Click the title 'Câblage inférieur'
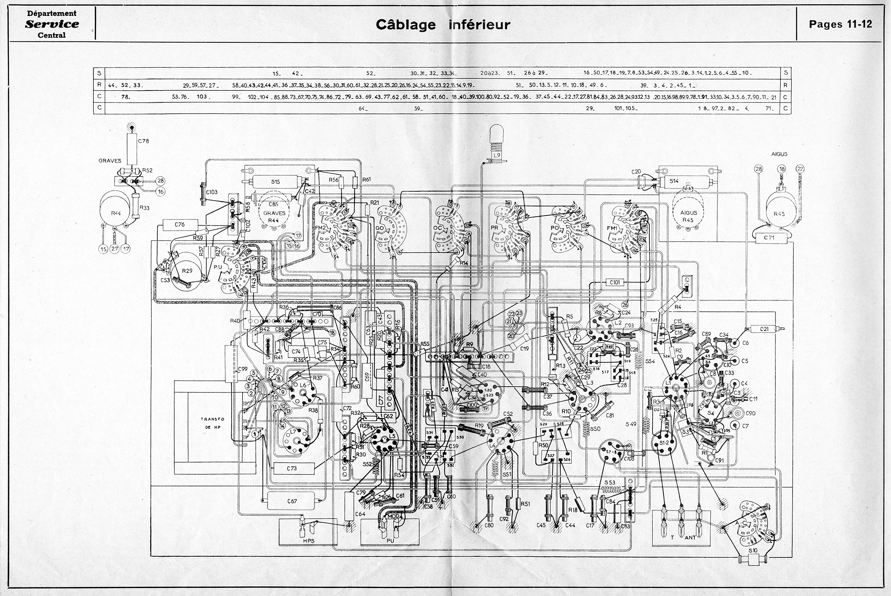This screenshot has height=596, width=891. tap(443, 25)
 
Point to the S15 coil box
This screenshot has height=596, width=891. tap(275, 181)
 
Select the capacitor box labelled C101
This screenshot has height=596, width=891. tap(614, 282)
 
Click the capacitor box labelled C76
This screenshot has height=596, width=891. tap(180, 224)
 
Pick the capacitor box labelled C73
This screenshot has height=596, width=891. tap(292, 468)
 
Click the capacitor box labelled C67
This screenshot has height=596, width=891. tap(292, 501)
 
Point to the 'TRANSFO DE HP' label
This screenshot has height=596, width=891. tap(213, 423)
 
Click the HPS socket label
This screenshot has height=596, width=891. tap(309, 541)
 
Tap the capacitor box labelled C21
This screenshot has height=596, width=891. tap(765, 329)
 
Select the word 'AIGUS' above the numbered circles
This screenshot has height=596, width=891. tap(779, 154)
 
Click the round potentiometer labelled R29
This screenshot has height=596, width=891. tap(187, 271)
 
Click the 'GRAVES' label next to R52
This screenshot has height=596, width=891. tap(110, 161)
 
